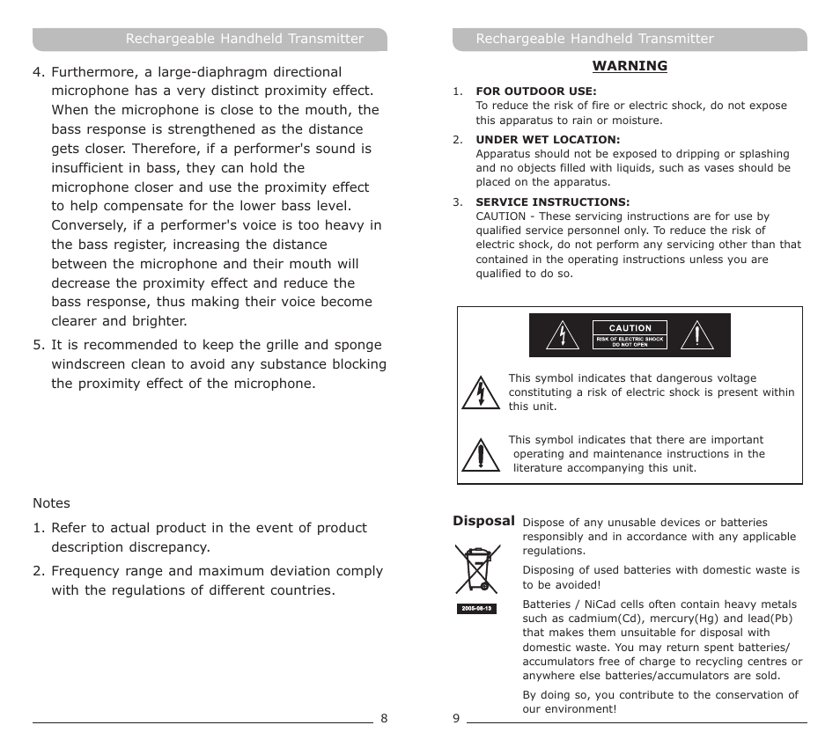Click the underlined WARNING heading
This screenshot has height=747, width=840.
pyautogui.click(x=630, y=66)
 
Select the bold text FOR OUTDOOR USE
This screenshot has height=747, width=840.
pyautogui.click(x=535, y=92)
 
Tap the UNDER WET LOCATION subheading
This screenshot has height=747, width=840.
pyautogui.click(x=548, y=140)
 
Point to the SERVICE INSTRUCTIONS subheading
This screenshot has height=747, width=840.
pyautogui.click(x=552, y=202)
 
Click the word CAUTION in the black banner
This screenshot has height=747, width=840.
pyautogui.click(x=630, y=328)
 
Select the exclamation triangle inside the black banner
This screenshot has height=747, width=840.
pyautogui.click(x=697, y=335)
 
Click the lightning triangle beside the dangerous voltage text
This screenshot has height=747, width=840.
pyautogui.click(x=480, y=392)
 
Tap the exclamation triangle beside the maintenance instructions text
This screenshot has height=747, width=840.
pyautogui.click(x=480, y=454)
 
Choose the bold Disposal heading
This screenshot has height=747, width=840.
pyautogui.click(x=483, y=521)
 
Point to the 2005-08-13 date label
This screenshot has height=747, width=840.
pyautogui.click(x=476, y=609)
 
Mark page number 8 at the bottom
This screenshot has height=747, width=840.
pyautogui.click(x=384, y=718)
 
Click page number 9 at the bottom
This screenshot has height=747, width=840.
pyautogui.click(x=456, y=718)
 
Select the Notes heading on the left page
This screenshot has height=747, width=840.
pyautogui.click(x=51, y=503)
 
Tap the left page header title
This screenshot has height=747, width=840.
pyautogui.click(x=244, y=39)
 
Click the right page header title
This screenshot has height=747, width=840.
pyautogui.click(x=594, y=39)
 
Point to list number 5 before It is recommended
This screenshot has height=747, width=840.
pyautogui.click(x=38, y=345)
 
